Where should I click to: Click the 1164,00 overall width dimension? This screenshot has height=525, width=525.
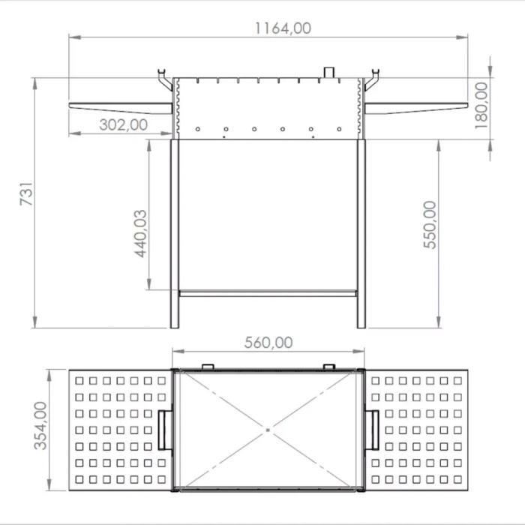(x=283, y=28)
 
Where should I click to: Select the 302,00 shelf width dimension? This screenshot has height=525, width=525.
(x=123, y=125)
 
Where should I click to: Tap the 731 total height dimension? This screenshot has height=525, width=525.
(x=26, y=193)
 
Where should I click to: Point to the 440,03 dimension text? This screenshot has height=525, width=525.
(x=141, y=234)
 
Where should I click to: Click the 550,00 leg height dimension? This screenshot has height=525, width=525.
(x=430, y=225)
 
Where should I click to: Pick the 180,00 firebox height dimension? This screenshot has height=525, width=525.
(x=481, y=106)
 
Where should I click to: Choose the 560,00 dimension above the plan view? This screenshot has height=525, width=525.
(x=268, y=343)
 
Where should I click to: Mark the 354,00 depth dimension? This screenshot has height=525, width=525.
(x=40, y=425)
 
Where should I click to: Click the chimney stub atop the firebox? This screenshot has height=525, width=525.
(x=328, y=72)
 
